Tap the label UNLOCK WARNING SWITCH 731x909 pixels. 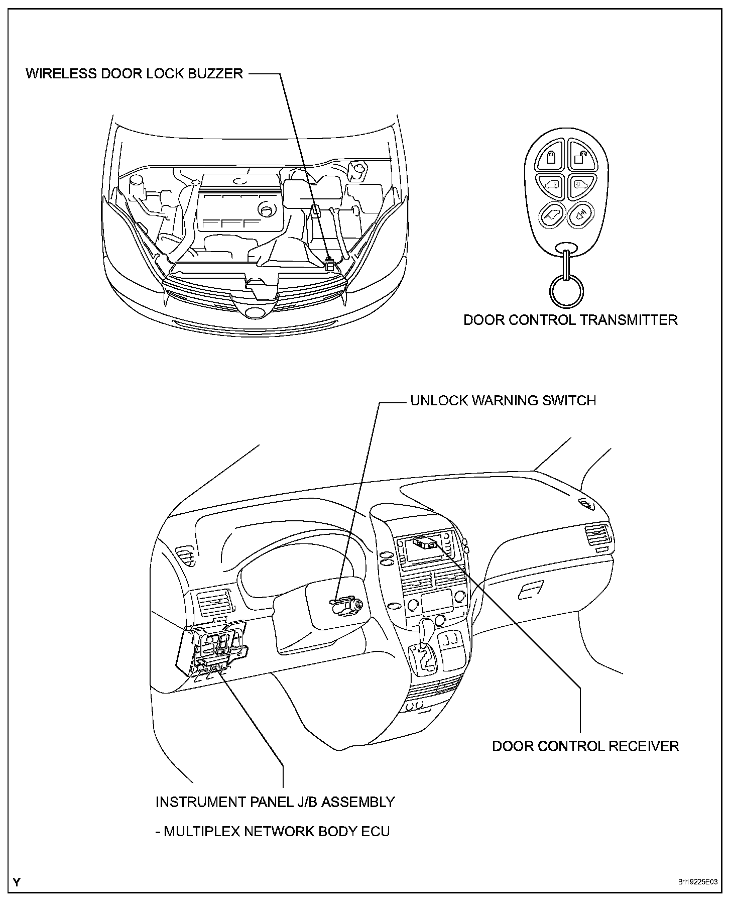point(503,400)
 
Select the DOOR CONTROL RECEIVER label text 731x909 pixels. point(585,746)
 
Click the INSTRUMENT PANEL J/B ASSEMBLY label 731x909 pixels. point(275,802)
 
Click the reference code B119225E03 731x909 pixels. point(697,881)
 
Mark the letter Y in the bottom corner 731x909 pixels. point(17,882)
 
